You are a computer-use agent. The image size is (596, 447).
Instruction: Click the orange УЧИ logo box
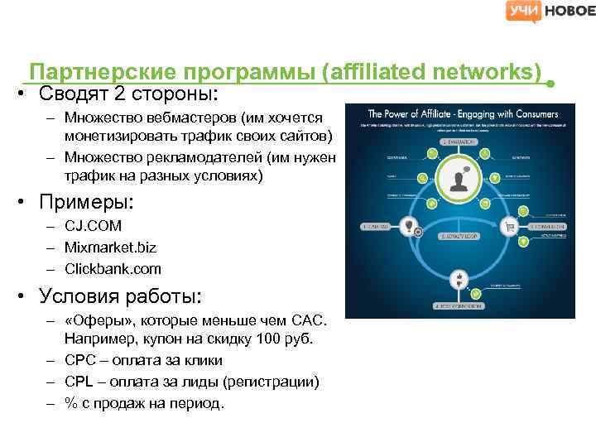[524, 11]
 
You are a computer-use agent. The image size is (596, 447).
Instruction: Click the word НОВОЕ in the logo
[570, 11]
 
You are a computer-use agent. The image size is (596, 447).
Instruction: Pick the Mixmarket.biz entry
[110, 248]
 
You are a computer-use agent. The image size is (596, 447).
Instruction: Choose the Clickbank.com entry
[113, 269]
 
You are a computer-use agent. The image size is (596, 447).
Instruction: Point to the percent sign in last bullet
[71, 403]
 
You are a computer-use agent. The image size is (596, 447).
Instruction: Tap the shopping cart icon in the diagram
[511, 225]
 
